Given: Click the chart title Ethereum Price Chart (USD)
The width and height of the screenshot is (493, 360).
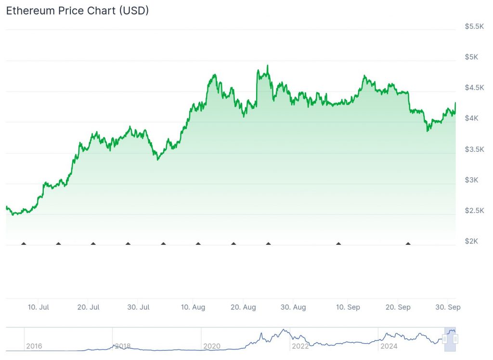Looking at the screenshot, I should (77, 11).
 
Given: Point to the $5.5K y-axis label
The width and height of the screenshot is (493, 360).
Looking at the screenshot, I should (474, 26).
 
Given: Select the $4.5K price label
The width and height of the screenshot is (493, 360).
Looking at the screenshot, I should (474, 88).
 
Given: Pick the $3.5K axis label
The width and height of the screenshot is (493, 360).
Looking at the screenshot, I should (474, 149).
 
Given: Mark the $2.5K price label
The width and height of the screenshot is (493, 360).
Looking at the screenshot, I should (474, 211).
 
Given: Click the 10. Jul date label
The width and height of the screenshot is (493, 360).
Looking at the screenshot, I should (38, 307).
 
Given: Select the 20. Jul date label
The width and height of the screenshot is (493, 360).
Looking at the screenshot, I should (88, 307).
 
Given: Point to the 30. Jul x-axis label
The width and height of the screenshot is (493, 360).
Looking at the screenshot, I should (138, 307).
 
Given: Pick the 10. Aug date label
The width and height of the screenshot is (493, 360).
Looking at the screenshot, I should (193, 307).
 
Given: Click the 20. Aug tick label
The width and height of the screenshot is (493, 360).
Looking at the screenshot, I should (243, 307).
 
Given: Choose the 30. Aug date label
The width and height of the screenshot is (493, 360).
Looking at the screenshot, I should (293, 307).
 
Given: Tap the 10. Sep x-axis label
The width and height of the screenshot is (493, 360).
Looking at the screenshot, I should (348, 307).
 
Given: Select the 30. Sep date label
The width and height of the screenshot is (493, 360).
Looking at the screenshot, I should (448, 307).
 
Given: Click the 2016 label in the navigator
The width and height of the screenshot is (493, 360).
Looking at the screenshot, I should (34, 346).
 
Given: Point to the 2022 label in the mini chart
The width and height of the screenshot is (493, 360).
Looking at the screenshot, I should (300, 346).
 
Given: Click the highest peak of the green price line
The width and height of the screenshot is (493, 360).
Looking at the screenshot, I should (267, 66).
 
